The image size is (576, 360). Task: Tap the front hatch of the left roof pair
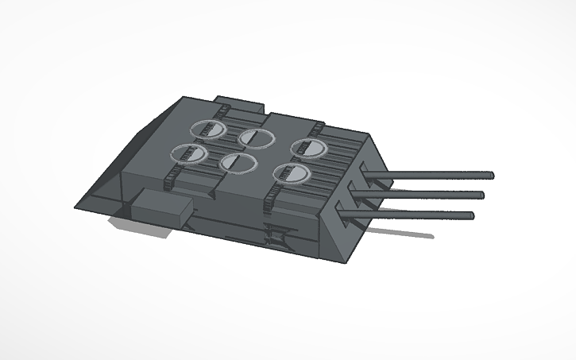pyautogui.click(x=189, y=153)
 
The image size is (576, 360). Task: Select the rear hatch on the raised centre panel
pyautogui.click(x=257, y=137)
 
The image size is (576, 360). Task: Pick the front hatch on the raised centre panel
pyautogui.click(x=238, y=163)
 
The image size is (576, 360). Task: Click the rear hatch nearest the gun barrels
pyautogui.click(x=307, y=147)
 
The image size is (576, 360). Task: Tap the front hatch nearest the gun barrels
pyautogui.click(x=290, y=173)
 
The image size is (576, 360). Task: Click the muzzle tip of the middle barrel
pyautogui.click(x=481, y=195)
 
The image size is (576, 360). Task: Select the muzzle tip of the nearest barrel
pyautogui.click(x=470, y=215)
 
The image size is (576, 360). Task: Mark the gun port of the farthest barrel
pyautogui.click(x=368, y=170)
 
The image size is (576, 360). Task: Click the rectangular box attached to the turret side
pyautogui.click(x=162, y=209)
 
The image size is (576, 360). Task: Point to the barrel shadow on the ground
pyautogui.click(x=405, y=233)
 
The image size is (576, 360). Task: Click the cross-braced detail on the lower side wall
pyautogui.click(x=276, y=237)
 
